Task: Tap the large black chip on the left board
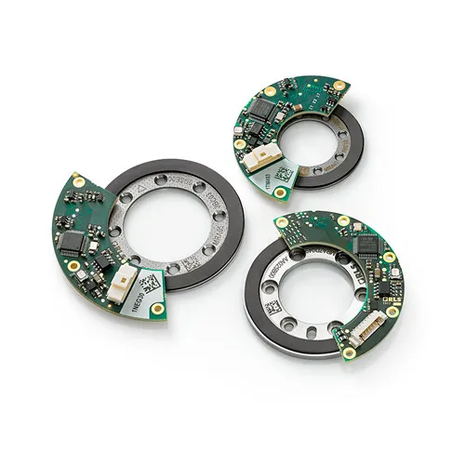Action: [x=75, y=240]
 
